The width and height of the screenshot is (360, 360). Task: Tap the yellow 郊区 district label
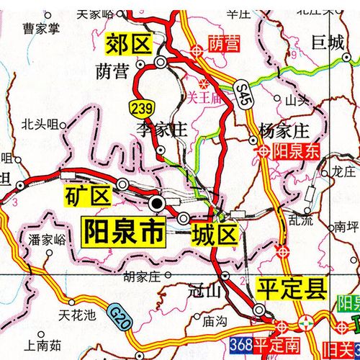tap(130, 44)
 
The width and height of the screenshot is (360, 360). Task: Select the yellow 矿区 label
tap(88, 194)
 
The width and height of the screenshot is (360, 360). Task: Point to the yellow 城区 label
tap(214, 233)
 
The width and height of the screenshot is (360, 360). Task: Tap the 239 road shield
tap(141, 108)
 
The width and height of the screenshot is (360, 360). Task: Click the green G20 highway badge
tap(120, 315)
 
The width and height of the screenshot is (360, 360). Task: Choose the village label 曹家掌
tap(40, 29)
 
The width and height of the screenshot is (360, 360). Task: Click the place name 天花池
tap(76, 315)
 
